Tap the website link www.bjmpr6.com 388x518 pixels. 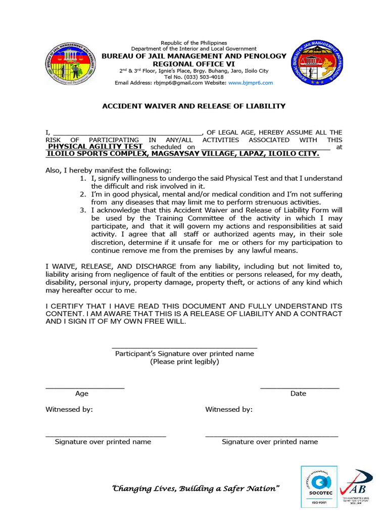(x=250, y=83)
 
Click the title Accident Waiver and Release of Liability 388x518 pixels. (x=194, y=106)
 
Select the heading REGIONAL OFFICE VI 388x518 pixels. (x=194, y=64)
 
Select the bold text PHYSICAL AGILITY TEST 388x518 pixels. (x=95, y=147)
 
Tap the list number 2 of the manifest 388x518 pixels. (x=83, y=194)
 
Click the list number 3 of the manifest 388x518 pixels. (x=83, y=210)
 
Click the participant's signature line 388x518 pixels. (x=184, y=347)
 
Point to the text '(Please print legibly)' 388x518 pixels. (x=184, y=362)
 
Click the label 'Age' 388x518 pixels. (x=82, y=394)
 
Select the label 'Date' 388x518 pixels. (x=298, y=394)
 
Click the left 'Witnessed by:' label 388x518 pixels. (x=69, y=410)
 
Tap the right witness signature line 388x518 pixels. (x=271, y=435)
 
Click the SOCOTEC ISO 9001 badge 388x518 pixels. (x=316, y=488)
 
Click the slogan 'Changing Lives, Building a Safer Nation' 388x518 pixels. (x=195, y=489)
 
